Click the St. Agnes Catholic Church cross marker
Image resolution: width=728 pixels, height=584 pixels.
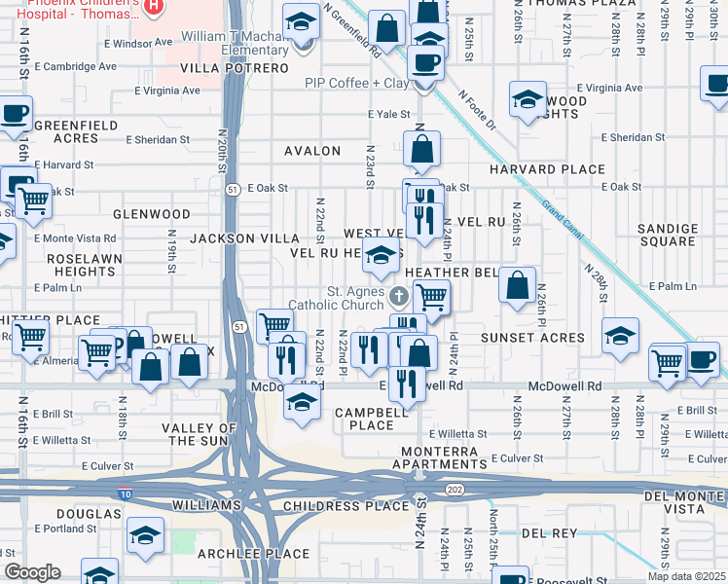coord(398,296)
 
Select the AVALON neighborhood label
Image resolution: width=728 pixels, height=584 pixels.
coord(312,151)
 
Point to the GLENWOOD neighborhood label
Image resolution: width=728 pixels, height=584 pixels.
coord(152,213)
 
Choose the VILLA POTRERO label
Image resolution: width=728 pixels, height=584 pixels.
coord(235,69)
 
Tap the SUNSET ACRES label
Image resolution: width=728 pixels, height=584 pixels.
coord(532,338)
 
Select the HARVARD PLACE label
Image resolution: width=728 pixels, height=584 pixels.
coord(562,169)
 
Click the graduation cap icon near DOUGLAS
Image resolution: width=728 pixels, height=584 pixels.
coord(146,536)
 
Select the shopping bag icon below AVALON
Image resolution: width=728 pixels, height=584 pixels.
coord(421,151)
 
